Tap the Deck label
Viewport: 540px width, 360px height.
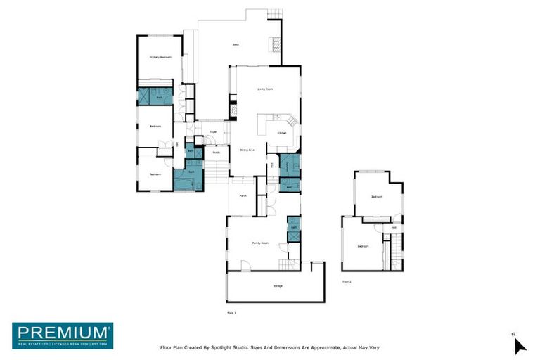[x=236, y=45]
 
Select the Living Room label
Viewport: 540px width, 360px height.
[x=264, y=89]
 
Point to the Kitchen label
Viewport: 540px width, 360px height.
[x=281, y=133]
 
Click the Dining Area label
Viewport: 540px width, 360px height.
[x=247, y=150]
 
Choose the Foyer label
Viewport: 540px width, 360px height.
[x=212, y=131]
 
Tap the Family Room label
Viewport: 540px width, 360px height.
[x=260, y=243]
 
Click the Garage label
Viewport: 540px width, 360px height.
[x=277, y=286]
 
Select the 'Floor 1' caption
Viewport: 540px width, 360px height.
[x=231, y=311]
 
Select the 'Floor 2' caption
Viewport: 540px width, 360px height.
[x=347, y=281]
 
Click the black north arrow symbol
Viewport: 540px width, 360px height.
[x=519, y=345]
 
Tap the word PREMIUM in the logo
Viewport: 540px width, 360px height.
[x=63, y=332]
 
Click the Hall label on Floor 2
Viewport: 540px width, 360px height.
[x=394, y=227]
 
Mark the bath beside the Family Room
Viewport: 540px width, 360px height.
[x=294, y=227]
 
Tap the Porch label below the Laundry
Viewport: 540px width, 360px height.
[x=243, y=195]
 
